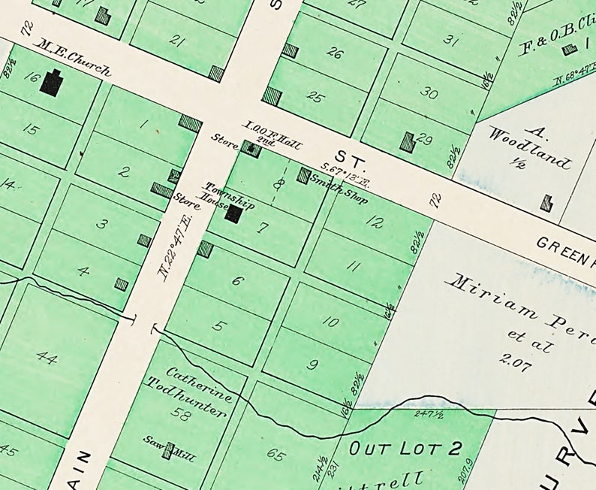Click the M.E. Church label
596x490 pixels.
tap(74, 59)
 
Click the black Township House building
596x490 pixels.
tap(233, 213)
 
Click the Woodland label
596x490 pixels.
tap(529, 147)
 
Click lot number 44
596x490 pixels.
tap(47, 358)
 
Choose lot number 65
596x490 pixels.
tap(275, 453)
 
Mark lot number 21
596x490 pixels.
tap(177, 40)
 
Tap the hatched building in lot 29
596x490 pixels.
tap(408, 141)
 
